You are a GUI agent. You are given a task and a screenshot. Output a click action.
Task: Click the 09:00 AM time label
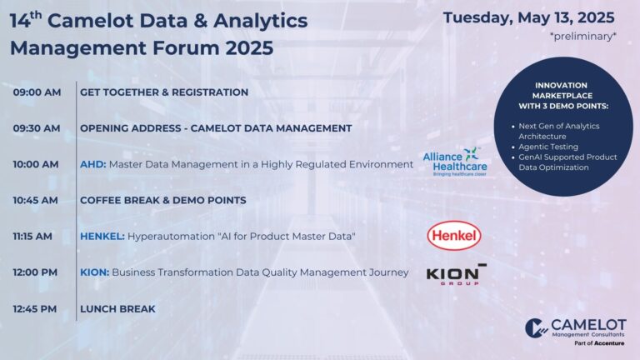37,92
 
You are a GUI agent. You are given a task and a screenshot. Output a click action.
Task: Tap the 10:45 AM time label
36,200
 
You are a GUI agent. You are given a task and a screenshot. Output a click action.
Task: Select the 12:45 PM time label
35,309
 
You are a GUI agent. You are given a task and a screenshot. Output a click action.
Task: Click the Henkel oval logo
454,236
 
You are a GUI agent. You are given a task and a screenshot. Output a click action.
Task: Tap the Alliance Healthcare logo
455,162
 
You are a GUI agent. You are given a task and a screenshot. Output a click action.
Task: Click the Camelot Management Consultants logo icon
537,327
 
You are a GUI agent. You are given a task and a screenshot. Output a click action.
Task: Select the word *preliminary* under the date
582,37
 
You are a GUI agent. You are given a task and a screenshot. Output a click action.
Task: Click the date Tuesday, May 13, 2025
528,17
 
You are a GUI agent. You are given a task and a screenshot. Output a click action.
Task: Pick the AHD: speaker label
93,164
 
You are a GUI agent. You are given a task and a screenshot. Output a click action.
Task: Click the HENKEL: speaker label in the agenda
102,237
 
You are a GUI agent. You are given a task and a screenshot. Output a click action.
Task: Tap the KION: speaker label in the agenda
95,272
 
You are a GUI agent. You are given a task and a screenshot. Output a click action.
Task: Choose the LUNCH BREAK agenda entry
117,309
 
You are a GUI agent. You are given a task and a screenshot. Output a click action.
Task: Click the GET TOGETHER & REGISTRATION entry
164,92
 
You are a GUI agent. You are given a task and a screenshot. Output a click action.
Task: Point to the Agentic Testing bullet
548,147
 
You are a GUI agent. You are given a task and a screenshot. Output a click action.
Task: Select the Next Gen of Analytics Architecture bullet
559,131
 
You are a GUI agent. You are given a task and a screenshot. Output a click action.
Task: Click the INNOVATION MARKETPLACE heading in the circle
562,90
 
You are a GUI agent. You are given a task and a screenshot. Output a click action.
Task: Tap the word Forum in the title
186,47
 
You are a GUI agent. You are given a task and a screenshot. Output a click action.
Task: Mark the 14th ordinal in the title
26,20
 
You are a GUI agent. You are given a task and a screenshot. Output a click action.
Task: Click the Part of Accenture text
599,343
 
